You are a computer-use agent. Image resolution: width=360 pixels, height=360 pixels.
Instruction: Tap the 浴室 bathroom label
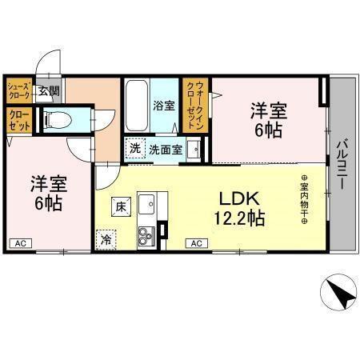(x=165, y=105)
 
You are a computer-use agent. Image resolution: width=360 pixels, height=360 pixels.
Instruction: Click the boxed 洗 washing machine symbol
(x=136, y=148)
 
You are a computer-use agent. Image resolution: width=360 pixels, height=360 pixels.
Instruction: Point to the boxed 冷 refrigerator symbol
(x=106, y=238)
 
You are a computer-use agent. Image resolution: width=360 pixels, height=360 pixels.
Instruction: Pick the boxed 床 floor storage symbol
(x=121, y=205)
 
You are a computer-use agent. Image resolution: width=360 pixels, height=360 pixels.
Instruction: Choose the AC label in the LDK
(x=195, y=243)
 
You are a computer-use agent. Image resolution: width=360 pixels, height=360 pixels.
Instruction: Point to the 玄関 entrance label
(x=48, y=91)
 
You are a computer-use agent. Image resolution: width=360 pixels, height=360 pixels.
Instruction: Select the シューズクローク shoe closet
(x=18, y=90)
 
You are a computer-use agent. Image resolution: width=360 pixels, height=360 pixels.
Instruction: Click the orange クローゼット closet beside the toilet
(x=18, y=122)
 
